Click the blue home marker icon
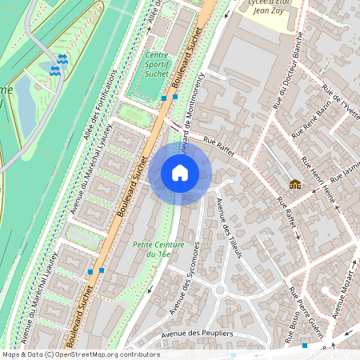[180, 173]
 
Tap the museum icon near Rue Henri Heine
[295, 184]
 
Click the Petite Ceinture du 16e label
[155, 248]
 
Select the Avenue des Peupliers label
[197, 334]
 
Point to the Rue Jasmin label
[346, 171]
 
